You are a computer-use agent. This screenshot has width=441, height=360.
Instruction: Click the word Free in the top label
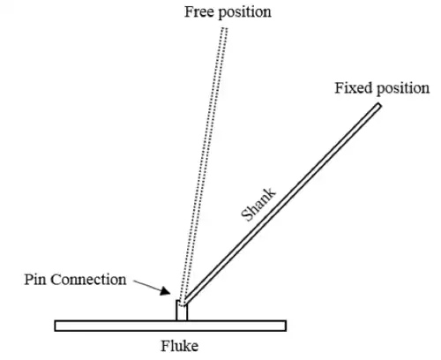[x=199, y=12]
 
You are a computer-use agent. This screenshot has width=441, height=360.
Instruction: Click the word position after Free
[x=245, y=13]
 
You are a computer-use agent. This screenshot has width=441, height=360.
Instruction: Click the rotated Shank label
[x=258, y=204]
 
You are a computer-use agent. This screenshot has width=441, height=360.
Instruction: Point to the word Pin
[x=35, y=279]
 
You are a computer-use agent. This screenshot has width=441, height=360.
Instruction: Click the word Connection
[x=88, y=280]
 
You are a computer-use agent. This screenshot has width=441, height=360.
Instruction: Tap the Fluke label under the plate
[x=179, y=346]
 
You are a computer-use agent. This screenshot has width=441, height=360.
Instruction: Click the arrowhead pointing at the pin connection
[x=165, y=291]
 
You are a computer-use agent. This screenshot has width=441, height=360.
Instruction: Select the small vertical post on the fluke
[x=182, y=311]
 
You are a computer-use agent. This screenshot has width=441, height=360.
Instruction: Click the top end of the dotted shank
[x=224, y=28]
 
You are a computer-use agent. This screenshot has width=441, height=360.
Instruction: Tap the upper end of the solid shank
[x=379, y=106]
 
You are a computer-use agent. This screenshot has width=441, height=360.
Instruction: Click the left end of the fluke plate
[x=56, y=326]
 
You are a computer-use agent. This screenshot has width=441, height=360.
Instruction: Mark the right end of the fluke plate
[x=286, y=326]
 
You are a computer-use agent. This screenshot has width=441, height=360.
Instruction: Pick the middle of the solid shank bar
[x=281, y=204]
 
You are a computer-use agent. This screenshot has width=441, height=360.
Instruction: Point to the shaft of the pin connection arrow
[x=147, y=285]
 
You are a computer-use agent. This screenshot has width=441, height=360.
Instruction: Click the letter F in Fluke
[x=165, y=346]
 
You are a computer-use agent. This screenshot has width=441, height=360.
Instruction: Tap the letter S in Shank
[x=246, y=215]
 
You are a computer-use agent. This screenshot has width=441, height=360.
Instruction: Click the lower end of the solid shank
[x=184, y=303]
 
